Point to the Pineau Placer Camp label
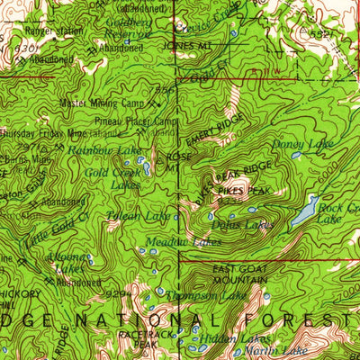click(134, 120)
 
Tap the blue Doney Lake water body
click(296, 155)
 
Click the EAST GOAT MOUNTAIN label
click(240, 274)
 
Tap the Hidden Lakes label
click(219, 338)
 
